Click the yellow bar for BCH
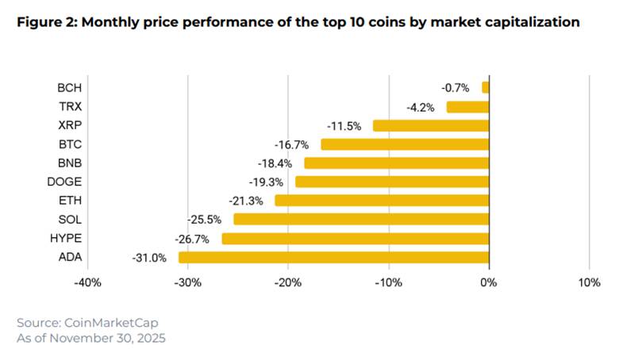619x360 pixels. pos(486,87)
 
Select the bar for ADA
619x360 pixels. pos(333,257)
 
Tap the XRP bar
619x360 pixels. pos(431,125)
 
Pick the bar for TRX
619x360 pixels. pos(467,106)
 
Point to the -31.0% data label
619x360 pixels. pos(148,257)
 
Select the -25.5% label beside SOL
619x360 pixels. pos(203,220)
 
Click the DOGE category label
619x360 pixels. pos(66,182)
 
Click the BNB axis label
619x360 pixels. pos(69,163)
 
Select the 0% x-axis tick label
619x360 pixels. pos(489,283)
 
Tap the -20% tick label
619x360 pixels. pos(287,283)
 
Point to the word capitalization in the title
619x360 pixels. pos(526,23)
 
